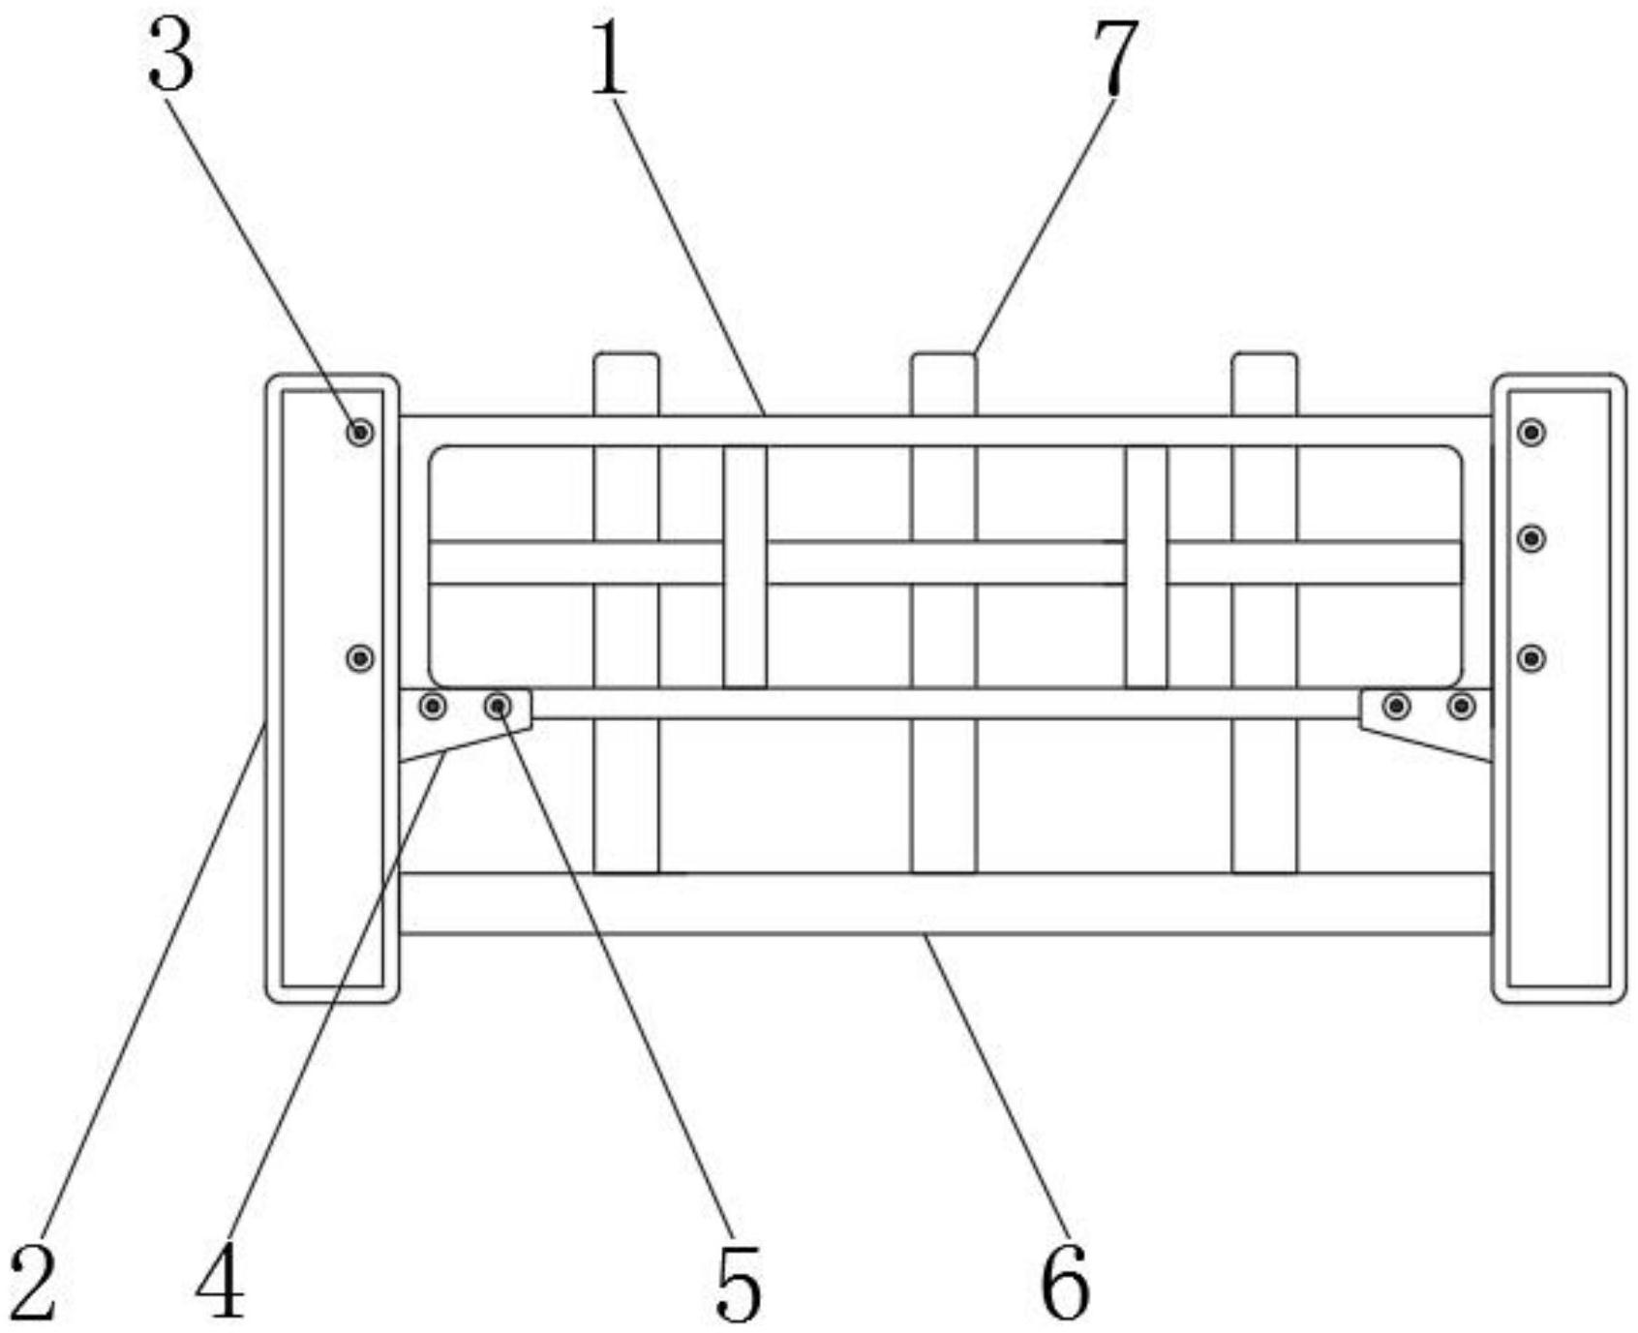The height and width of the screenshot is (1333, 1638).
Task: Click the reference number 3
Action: tap(171, 55)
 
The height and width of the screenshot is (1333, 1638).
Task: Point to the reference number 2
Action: tap(35, 1284)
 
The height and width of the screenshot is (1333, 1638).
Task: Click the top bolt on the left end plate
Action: tap(360, 432)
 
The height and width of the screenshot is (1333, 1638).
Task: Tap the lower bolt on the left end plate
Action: tap(360, 658)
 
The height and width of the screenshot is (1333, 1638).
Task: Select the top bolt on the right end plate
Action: tap(1532, 432)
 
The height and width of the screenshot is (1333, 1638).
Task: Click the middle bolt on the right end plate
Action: tap(1532, 538)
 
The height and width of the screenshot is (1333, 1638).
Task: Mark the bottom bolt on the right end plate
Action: tap(1532, 658)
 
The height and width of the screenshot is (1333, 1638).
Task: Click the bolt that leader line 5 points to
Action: tap(499, 706)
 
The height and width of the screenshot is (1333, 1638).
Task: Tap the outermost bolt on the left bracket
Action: tap(433, 706)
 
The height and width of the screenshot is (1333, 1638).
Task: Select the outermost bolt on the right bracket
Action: tap(1462, 706)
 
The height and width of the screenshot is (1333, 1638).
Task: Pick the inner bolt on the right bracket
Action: tap(1396, 706)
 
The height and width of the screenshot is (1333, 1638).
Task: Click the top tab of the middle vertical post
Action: tap(944, 384)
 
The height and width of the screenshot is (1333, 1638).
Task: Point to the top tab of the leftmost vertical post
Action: tap(626, 384)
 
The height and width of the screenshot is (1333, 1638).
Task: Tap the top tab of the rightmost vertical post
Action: tap(1264, 384)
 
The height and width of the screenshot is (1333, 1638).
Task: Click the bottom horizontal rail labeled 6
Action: tap(946, 903)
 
